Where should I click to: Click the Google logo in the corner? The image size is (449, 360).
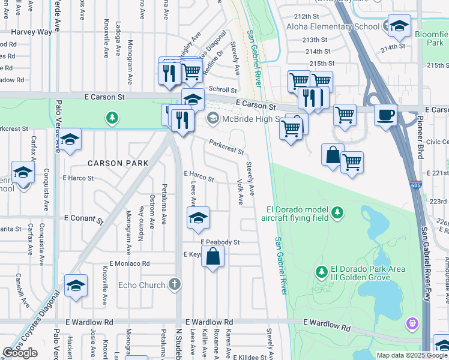point(20,353)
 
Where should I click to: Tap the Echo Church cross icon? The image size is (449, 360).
point(174,284)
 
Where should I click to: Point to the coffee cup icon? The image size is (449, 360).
point(385,113)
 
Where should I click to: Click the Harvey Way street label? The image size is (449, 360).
point(31,32)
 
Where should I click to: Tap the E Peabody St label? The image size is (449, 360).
point(220,242)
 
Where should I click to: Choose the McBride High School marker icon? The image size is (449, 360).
point(212,119)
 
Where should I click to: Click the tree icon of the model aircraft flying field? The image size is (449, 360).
point(338,212)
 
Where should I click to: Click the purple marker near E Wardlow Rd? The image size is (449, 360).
point(412,325)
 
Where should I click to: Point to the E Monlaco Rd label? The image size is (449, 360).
point(129,263)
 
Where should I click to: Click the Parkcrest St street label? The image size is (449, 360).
point(226,147)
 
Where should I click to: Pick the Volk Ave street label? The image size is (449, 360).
point(240,191)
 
